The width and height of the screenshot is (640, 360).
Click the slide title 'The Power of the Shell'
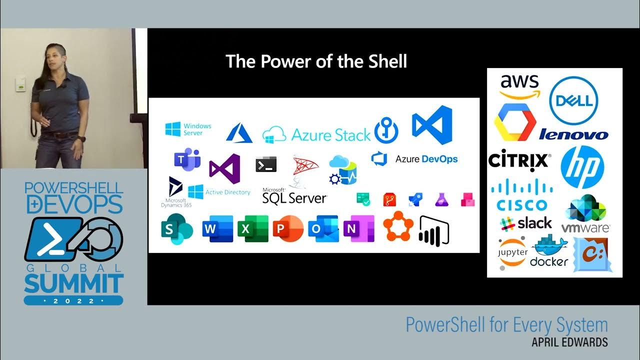click(x=316, y=61)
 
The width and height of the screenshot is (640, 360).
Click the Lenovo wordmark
click(x=573, y=134)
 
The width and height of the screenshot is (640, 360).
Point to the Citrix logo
click(x=519, y=161)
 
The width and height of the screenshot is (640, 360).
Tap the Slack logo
click(x=526, y=223)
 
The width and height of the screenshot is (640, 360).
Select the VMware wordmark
click(x=585, y=228)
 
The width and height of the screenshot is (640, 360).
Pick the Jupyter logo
click(x=513, y=252)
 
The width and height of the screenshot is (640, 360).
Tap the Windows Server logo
click(x=188, y=129)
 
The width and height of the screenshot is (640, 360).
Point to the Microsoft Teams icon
click(x=187, y=159)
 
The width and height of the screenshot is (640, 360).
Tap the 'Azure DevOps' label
click(x=426, y=159)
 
